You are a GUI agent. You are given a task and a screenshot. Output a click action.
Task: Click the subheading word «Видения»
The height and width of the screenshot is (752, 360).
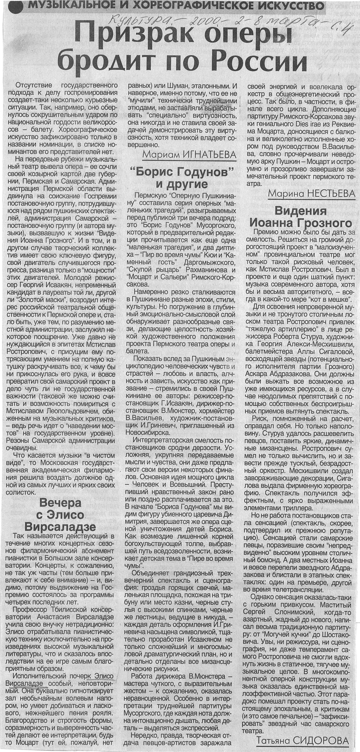(300, 211)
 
